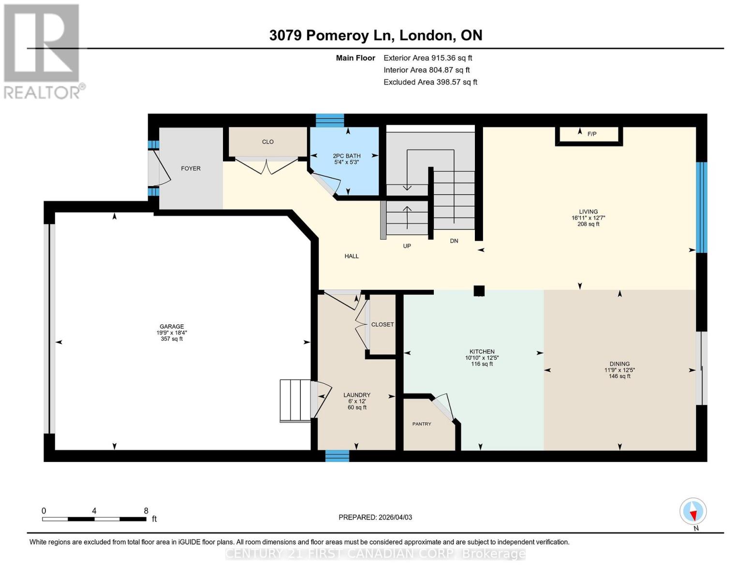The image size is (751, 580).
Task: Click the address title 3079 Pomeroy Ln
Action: click(x=375, y=35)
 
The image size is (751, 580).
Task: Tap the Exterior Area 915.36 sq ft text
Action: click(x=427, y=58)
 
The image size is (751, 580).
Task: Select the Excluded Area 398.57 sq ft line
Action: click(x=430, y=82)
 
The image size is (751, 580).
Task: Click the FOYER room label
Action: click(x=191, y=169)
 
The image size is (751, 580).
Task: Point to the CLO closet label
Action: click(x=267, y=142)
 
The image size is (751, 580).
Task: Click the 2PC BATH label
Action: click(x=346, y=156)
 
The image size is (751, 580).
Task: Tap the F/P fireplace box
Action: click(x=589, y=134)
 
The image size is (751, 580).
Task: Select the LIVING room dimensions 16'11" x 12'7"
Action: click(x=588, y=218)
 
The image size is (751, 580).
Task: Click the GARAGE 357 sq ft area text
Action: click(x=172, y=339)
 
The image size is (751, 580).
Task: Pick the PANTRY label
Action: click(x=422, y=424)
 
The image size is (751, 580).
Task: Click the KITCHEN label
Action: click(x=482, y=352)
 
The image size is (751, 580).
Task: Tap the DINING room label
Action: click(x=619, y=364)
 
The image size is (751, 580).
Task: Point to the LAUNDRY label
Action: click(x=357, y=395)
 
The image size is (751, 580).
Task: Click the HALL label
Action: click(x=352, y=256)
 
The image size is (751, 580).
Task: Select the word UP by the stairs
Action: click(x=407, y=246)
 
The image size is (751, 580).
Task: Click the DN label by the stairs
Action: click(x=454, y=241)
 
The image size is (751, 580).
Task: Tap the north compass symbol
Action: click(x=693, y=511)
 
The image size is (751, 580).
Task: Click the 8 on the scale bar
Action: click(x=146, y=511)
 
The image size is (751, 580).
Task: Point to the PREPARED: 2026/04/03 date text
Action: click(x=375, y=517)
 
